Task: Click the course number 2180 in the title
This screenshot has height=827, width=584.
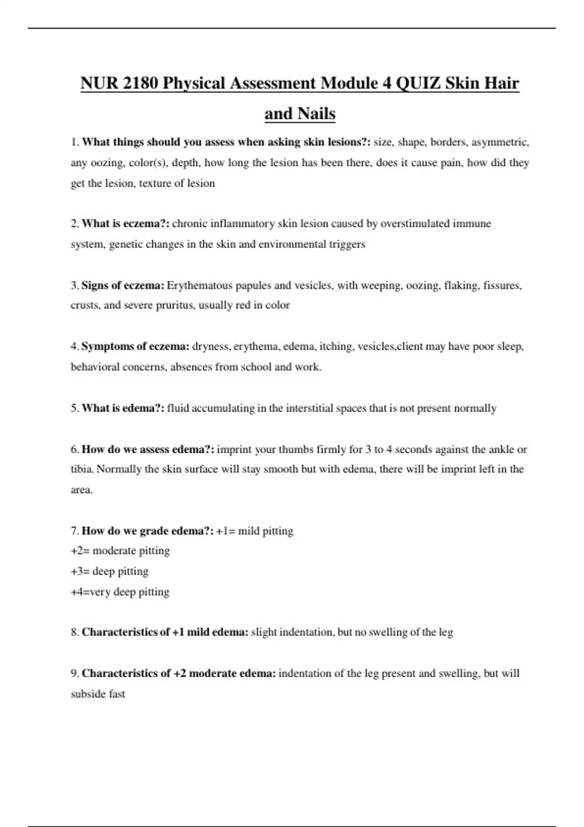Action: (140, 83)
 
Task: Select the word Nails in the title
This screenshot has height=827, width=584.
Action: (315, 114)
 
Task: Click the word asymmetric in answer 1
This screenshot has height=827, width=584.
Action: (500, 142)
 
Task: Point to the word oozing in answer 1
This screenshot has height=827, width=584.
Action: (107, 163)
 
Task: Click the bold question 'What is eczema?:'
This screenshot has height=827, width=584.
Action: (126, 224)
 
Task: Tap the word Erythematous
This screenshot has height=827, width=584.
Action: (199, 285)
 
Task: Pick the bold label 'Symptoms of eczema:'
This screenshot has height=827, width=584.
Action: (135, 346)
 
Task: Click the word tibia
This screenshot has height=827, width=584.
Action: (82, 469)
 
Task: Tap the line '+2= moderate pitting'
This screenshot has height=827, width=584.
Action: (120, 551)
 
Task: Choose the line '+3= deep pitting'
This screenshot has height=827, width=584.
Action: (109, 572)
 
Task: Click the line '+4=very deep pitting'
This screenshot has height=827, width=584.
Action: (120, 592)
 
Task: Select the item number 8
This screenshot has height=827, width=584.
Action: (74, 632)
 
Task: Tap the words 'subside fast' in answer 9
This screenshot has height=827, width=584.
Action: (98, 694)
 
